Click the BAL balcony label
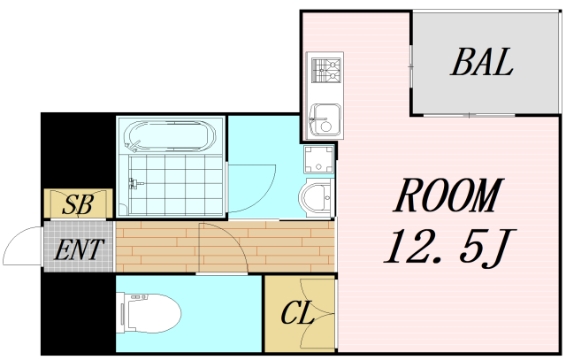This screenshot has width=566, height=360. pos(482,62)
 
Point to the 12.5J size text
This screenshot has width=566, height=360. pos(450,247)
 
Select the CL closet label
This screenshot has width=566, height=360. pos(297,313)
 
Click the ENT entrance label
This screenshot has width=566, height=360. pos(79,249)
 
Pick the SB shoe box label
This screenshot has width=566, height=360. pos(78,204)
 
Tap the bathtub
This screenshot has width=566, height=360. pos(171,136)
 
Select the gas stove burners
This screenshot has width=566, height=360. pos(326,70)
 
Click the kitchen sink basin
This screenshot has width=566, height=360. pos(325,119)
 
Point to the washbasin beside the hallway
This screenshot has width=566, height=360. pos(316,198)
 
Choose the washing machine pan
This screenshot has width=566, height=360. pos(318,159)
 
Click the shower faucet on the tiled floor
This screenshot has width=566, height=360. pos(135,183)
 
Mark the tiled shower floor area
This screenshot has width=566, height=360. pos(176,185)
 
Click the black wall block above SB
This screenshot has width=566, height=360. pos(78,150)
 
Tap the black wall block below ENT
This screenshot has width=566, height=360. pos(79,313)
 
